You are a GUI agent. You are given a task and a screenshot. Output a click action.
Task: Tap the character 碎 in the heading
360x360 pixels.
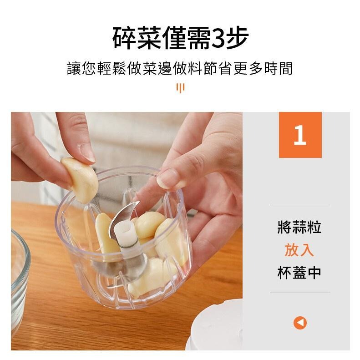124,38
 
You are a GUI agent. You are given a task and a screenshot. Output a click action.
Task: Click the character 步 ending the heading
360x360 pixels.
238,38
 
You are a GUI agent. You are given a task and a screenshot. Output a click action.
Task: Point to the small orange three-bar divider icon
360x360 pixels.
181,88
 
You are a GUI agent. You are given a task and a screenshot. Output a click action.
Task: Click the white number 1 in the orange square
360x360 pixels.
300,135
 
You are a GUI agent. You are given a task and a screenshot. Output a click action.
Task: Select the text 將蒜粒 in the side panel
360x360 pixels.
299,227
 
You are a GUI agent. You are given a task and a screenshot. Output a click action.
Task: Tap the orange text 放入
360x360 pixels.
299,250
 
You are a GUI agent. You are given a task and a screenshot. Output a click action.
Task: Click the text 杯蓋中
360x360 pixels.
299,273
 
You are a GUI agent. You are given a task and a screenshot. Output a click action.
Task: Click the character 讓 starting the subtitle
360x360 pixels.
74,68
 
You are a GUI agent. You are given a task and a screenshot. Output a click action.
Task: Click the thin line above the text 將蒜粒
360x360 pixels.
300,205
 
